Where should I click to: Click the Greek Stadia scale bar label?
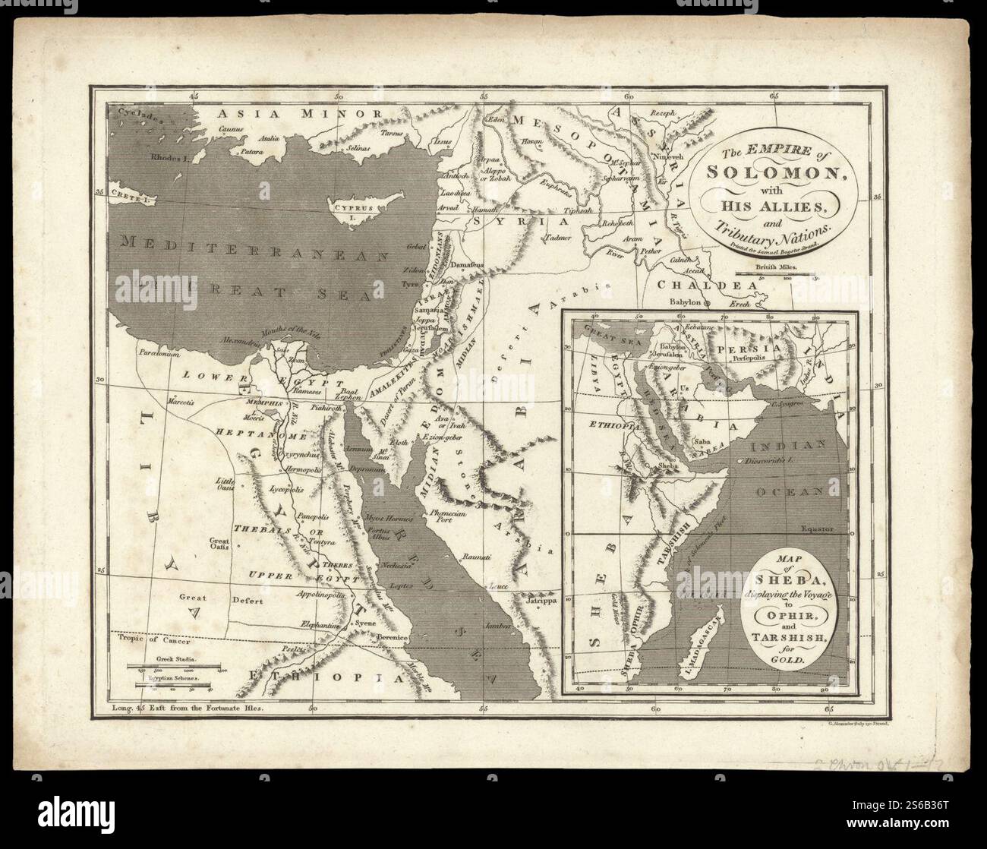click(x=177, y=661)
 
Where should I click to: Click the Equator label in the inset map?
click(x=817, y=527)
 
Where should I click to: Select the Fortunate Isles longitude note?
click(x=186, y=708)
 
